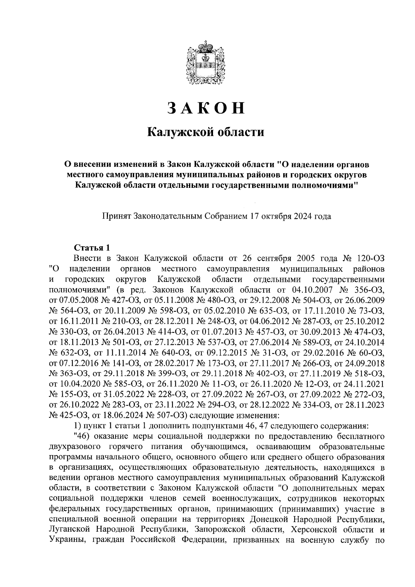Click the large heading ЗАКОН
click(x=206, y=108)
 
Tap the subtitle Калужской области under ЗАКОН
click(x=206, y=132)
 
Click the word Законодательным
click(x=167, y=217)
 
